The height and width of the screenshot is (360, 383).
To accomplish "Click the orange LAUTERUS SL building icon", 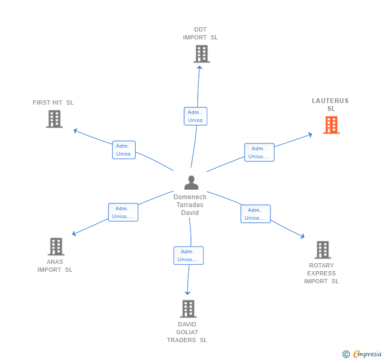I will pyautogui.click(x=331, y=125).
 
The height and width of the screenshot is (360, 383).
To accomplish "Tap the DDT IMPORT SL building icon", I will pyautogui.click(x=201, y=54).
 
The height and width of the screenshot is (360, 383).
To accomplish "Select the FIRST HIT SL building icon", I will pyautogui.click(x=54, y=119).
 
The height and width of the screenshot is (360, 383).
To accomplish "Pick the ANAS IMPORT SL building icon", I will pyautogui.click(x=56, y=246).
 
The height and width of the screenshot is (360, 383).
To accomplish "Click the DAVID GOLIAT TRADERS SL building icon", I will pyautogui.click(x=188, y=308).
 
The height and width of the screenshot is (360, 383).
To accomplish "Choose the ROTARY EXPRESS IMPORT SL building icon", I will pyautogui.click(x=322, y=250).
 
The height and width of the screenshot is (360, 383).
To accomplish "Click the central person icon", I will pyautogui.click(x=191, y=182).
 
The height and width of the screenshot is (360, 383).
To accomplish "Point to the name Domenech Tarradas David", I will pyautogui.click(x=190, y=205).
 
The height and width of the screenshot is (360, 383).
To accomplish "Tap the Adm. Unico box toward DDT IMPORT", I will pyautogui.click(x=195, y=116).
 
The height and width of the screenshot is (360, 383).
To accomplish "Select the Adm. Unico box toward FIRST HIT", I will pyautogui.click(x=124, y=150).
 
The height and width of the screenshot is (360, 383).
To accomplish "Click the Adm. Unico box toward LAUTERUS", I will pyautogui.click(x=259, y=152).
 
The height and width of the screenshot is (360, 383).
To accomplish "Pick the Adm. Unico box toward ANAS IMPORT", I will pyautogui.click(x=123, y=212).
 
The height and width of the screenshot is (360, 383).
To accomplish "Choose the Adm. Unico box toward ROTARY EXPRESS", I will pyautogui.click(x=255, y=214).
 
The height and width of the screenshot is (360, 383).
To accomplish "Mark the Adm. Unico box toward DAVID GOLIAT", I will pyautogui.click(x=188, y=255).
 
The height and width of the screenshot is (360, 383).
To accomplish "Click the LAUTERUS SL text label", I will pyautogui.click(x=330, y=105).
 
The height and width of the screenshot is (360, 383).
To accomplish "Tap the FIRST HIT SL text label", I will pyautogui.click(x=53, y=102).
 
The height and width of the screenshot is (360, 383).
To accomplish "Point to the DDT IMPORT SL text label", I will pyautogui.click(x=200, y=34).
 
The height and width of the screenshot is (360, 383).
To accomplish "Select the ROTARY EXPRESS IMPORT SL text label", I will pyautogui.click(x=321, y=273).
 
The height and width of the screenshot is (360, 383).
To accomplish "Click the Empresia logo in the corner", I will pyautogui.click(x=362, y=354).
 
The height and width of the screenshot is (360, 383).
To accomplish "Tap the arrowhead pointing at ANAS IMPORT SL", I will pyautogui.click(x=74, y=234).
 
